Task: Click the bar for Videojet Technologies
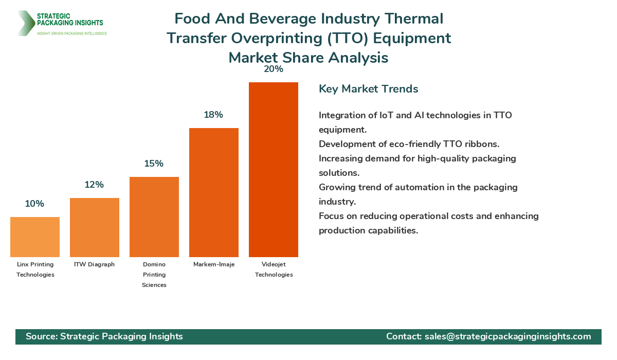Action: [273, 170]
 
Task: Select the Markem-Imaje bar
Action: [213, 192]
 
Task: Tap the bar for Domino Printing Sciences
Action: [154, 217]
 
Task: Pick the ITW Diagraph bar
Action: [94, 227]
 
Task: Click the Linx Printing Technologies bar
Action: [34, 237]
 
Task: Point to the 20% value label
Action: [273, 69]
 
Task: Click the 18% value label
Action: [213, 115]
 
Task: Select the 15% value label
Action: [154, 164]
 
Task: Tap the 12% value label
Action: [94, 185]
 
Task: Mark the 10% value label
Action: [34, 204]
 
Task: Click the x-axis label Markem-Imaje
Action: [213, 264]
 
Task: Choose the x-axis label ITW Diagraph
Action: [94, 264]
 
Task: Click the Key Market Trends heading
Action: [368, 89]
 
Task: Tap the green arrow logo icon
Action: [25, 23]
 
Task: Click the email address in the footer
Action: [508, 336]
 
